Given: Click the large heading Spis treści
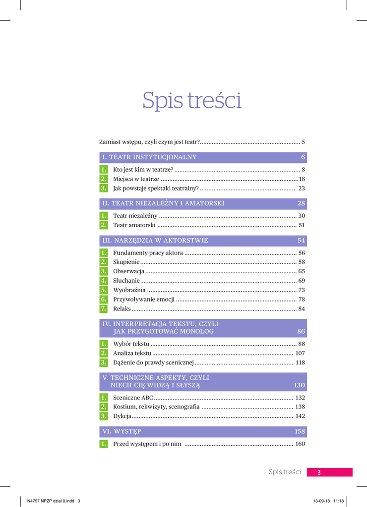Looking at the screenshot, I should [191, 101].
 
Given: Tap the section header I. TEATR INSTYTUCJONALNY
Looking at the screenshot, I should [149, 157].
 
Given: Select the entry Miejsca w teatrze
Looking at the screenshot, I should [136, 179].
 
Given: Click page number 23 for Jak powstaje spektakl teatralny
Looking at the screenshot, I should [301, 188].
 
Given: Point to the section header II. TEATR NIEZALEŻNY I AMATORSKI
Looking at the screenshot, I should [163, 203].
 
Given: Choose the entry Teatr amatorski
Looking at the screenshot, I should [134, 225].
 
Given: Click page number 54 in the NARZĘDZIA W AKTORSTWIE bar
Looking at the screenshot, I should [301, 241].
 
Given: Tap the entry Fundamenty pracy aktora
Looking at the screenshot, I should [148, 253].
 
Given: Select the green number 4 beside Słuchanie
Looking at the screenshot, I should [103, 281].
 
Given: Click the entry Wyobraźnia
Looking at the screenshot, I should [129, 290].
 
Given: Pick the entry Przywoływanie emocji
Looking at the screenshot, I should [143, 300].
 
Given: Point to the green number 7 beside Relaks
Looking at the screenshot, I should [103, 309].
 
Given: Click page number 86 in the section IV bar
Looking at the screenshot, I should [301, 332].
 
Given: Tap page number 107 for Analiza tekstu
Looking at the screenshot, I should [300, 353].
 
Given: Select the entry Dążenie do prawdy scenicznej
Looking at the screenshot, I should [153, 362].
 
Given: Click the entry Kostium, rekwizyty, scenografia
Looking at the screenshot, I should [156, 407].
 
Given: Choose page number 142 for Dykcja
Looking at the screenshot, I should [300, 416].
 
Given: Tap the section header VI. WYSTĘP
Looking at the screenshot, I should [122, 432].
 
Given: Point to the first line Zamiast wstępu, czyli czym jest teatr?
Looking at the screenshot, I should [149, 142].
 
